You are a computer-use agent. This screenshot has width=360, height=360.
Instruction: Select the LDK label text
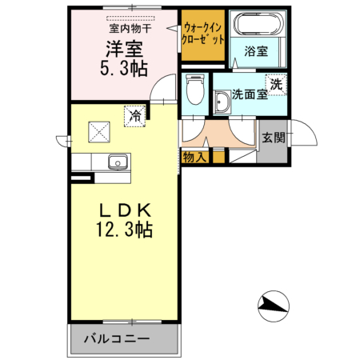click(x=126, y=210)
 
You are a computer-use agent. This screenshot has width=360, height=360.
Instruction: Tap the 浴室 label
click(x=256, y=51)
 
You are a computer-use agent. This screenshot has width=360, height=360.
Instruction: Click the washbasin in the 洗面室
click(x=222, y=102)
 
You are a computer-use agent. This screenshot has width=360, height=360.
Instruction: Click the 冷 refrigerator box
click(x=135, y=116)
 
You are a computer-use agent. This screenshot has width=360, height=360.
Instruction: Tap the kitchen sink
click(x=118, y=162)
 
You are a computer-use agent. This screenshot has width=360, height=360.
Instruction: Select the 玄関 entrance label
click(x=273, y=138)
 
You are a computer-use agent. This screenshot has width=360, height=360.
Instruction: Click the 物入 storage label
click(x=194, y=158)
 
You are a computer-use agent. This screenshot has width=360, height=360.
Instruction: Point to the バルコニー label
click(x=116, y=338)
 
